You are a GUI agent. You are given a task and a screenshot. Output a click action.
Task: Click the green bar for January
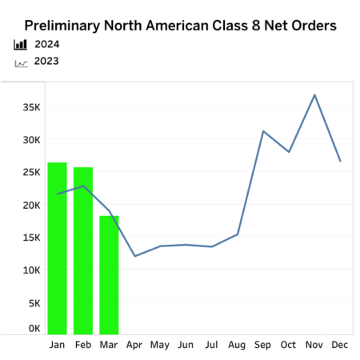[x=57, y=248]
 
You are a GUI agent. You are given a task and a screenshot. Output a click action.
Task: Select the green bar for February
[x=83, y=250]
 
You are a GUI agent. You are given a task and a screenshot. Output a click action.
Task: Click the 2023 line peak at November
[x=314, y=95]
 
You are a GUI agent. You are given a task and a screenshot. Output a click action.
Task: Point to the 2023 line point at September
[x=263, y=131]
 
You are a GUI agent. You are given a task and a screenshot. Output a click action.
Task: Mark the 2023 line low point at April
[x=134, y=256]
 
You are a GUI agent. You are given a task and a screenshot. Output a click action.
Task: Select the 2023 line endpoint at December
[x=340, y=161]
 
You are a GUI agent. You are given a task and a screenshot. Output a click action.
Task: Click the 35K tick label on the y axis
[x=31, y=106]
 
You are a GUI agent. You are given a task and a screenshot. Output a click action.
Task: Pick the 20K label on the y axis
[x=31, y=205]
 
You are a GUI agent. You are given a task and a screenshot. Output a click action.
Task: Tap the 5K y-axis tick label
[x=34, y=303]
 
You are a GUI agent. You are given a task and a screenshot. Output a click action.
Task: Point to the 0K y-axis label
[x=34, y=327]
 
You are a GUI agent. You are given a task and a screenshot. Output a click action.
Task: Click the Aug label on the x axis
[x=238, y=345]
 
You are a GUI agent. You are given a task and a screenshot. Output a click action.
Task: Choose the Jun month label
[x=186, y=345]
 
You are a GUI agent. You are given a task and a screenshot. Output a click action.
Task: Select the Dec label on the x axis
[x=340, y=345]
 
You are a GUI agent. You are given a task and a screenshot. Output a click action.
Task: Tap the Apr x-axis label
[x=134, y=345]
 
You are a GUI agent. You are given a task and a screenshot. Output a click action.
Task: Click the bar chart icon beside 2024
[x=21, y=44]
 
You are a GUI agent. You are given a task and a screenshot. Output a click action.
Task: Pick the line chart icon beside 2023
[x=21, y=61]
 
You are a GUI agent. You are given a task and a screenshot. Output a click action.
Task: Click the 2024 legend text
[x=46, y=44]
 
